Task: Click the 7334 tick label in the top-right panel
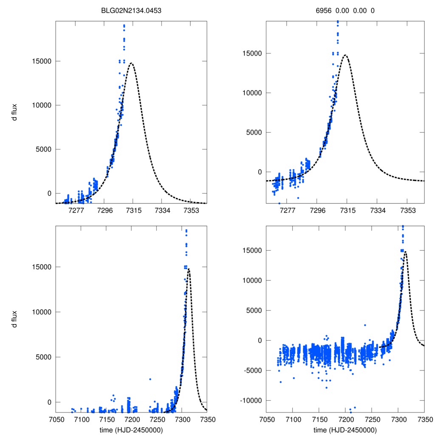377,210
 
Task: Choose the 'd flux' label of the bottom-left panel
14,319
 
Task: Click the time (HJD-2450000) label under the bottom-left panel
131,429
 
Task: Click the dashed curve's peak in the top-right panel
346,55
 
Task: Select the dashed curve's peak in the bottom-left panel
189,269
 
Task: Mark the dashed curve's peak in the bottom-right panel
405,251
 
